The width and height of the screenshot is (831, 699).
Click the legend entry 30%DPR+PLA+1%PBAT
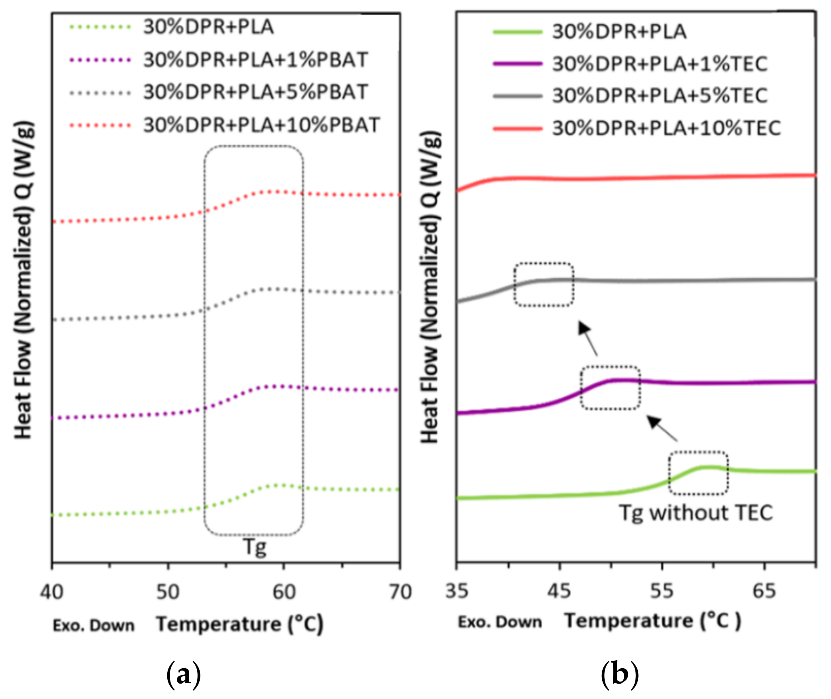click(255, 60)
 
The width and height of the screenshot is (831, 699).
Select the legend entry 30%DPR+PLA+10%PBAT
click(261, 125)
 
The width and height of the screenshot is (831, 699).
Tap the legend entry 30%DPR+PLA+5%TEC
click(659, 96)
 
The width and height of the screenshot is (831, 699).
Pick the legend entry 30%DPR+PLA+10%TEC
click(666, 128)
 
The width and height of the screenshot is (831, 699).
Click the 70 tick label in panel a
click(400, 592)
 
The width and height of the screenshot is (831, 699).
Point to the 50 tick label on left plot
click(168, 592)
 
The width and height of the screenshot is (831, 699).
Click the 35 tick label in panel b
click(457, 591)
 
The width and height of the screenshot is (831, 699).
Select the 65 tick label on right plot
click(764, 591)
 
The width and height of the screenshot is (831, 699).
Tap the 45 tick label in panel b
click(559, 591)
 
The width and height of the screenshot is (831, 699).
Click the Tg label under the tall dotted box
click(255, 547)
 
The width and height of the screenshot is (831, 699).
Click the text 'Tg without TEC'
click(696, 513)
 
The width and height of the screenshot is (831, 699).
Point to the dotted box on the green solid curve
click(698, 473)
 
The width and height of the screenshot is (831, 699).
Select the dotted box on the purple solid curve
click(610, 387)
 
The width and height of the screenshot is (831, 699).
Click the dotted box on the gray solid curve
click(543, 284)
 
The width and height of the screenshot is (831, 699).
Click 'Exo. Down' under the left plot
click(94, 626)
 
